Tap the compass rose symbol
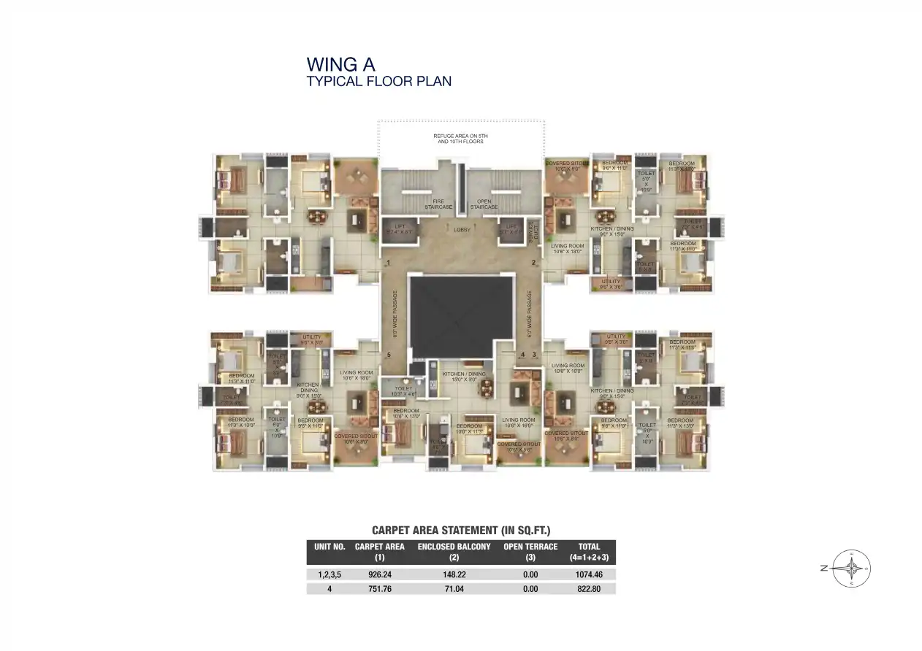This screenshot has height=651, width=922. (x=851, y=568)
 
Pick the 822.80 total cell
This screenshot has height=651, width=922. (x=588, y=588)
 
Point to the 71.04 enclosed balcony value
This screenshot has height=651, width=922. (x=454, y=588)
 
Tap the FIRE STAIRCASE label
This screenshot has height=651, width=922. (x=438, y=204)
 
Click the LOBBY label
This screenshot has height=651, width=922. (x=461, y=230)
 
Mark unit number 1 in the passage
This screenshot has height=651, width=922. (x=389, y=263)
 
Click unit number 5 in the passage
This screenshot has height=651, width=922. (x=389, y=355)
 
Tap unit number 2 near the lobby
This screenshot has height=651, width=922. (x=534, y=263)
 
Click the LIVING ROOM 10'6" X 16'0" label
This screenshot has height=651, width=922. (x=518, y=423)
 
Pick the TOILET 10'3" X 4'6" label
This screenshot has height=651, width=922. (x=403, y=391)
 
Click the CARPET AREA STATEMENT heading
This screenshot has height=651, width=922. (x=460, y=531)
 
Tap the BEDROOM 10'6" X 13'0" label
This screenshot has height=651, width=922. (x=406, y=414)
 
